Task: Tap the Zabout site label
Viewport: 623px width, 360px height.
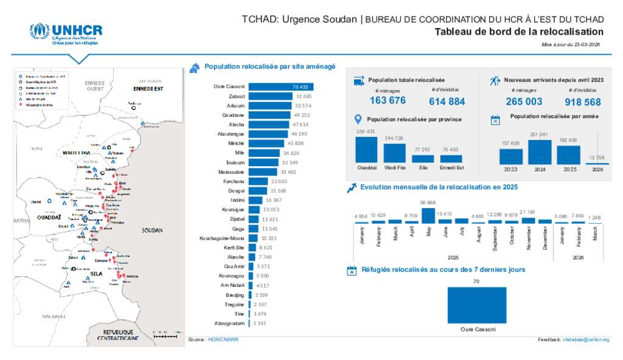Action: pos(237,96)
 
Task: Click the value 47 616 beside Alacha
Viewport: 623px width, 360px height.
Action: pos(301,124)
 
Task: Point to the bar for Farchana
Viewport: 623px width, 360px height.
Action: pos(258,181)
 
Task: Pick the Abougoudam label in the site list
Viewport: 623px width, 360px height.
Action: pos(229,323)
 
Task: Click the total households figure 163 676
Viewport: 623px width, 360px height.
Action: pos(388,101)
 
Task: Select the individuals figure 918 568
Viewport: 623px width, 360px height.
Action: pos(583,102)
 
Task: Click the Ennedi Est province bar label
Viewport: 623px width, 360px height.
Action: pos(451,167)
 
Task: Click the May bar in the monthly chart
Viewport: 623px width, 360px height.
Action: pos(428,216)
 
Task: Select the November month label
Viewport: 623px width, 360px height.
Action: pos(529,235)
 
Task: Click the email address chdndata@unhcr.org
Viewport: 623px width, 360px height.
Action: pos(585,339)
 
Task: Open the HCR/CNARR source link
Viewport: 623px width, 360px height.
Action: pos(223,339)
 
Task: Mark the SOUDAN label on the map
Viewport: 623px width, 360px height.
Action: pos(152,231)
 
